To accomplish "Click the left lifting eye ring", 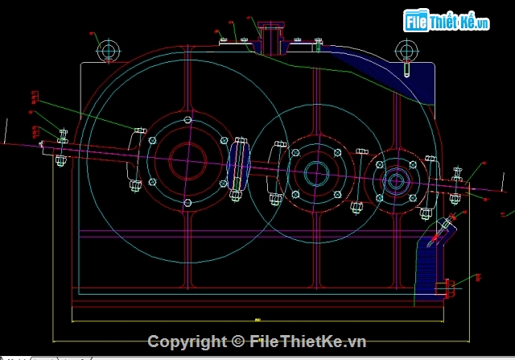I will [x=108, y=50].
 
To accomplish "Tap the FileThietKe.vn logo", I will [x=447, y=22].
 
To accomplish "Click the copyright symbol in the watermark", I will [x=239, y=341].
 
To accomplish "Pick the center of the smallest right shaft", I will [x=396, y=180].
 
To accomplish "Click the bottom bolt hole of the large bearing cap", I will [x=187, y=201].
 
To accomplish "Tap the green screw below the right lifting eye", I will [x=407, y=68].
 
